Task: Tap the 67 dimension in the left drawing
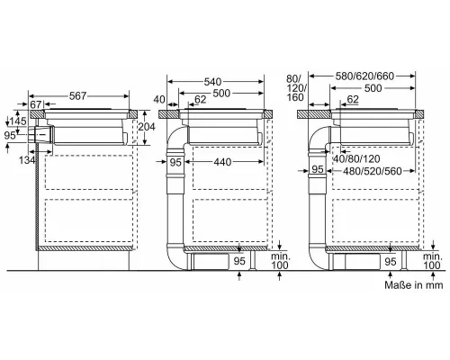tap(36, 106)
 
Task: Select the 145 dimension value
tap(16, 121)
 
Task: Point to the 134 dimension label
tap(29, 159)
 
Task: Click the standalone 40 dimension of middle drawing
tap(159, 99)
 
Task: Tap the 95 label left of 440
tap(175, 161)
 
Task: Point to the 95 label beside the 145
tap(9, 135)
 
